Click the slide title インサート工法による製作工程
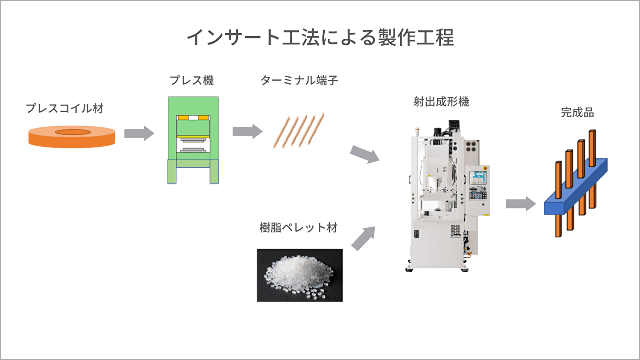[320, 38]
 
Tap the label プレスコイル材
[65, 108]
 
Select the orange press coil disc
[72, 140]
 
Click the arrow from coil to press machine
[139, 133]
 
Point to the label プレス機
[192, 80]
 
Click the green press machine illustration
[193, 140]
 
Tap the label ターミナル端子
[299, 80]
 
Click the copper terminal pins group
[299, 131]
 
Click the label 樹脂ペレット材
[299, 228]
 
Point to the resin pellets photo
[300, 275]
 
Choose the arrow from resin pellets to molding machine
[364, 238]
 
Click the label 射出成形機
[441, 102]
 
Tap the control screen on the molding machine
[478, 177]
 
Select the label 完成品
[577, 113]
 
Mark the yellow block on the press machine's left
[183, 118]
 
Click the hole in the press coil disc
[73, 132]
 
